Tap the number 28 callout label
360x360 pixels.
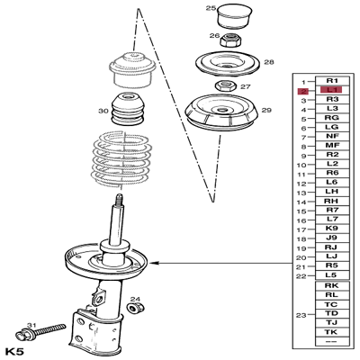[268, 62]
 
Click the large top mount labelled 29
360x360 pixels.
[215, 117]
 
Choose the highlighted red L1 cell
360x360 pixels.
[332, 91]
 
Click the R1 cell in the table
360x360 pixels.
[332, 81]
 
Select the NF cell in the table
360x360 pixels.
[332, 136]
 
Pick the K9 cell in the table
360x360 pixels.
[332, 229]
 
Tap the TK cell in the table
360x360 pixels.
[332, 331]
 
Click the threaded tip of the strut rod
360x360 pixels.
[117, 199]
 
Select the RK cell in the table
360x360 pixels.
[332, 284]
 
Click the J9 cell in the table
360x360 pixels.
[332, 238]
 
